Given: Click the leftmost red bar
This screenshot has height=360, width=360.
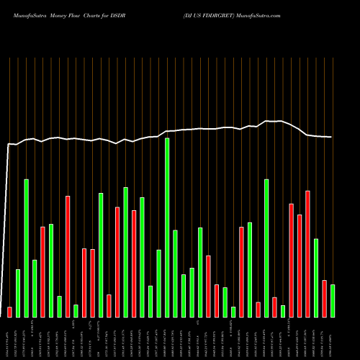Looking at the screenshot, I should (x=9, y=312).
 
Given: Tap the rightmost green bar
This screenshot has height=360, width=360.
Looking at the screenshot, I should (x=333, y=301).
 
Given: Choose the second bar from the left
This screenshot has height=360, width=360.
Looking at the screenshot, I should (x=18, y=293).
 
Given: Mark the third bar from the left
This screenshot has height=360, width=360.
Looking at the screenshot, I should (x=27, y=248).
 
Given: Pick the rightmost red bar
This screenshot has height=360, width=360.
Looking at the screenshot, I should (x=324, y=298).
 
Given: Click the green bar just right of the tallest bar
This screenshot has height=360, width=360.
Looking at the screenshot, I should (x=175, y=274).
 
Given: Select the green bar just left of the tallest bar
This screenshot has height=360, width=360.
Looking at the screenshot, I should (x=158, y=283).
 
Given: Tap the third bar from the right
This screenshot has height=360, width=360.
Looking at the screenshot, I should (x=316, y=277).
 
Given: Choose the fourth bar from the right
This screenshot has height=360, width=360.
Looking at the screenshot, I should (x=307, y=253).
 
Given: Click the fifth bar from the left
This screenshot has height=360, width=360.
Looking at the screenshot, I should (x=42, y=271).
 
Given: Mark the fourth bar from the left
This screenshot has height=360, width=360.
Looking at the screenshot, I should (x=35, y=288).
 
